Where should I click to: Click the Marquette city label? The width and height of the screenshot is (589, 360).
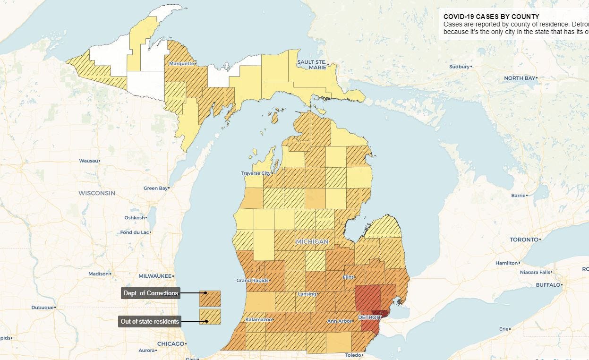click(181, 63)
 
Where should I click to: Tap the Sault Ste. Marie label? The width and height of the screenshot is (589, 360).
click(311, 65)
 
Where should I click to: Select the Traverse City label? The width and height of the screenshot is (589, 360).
click(256, 173)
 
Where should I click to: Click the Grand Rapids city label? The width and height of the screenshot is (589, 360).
click(252, 281)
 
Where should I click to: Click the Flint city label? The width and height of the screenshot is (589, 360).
click(348, 277)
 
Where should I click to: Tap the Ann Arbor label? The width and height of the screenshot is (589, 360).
click(340, 321)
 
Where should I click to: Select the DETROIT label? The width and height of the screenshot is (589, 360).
click(369, 317)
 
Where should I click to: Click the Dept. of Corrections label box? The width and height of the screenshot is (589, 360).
click(151, 293)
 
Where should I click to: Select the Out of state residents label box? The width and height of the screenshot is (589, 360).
click(150, 322)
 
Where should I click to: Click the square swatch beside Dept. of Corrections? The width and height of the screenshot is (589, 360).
click(210, 299)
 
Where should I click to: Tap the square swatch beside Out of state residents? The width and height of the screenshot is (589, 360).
click(210, 317)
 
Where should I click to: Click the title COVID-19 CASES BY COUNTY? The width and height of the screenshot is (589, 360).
click(491, 17)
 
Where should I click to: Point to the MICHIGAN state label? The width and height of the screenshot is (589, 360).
click(312, 241)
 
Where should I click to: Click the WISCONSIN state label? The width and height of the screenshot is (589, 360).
click(96, 193)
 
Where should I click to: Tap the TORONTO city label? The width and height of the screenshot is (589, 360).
click(524, 240)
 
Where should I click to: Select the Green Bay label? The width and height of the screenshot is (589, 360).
click(155, 188)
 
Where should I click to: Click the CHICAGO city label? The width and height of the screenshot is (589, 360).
click(171, 343)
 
